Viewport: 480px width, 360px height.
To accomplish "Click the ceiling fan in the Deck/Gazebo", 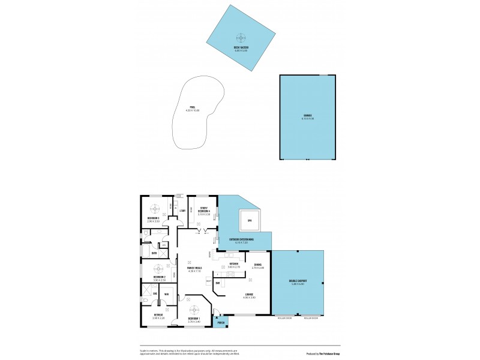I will [241, 37].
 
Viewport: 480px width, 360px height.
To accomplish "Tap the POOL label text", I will [193, 107].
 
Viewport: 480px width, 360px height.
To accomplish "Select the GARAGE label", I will [307, 115].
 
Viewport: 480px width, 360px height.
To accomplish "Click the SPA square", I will [250, 221].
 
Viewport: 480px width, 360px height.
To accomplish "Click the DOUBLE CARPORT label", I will [299, 281].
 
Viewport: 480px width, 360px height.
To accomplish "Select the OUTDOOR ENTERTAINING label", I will [241, 239].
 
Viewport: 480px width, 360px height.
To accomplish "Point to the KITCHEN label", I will [233, 264].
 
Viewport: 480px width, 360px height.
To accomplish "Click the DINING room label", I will [257, 264].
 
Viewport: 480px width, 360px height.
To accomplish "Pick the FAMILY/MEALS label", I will [194, 268].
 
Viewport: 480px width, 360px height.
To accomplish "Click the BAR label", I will [217, 283].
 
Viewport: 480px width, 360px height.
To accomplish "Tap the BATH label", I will [154, 253].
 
